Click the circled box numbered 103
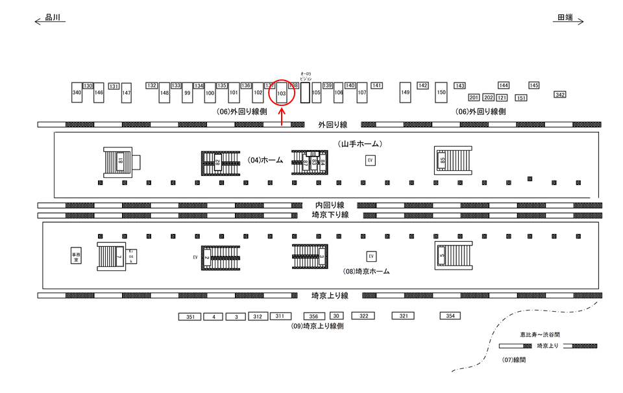[x=282, y=92]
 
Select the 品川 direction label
[x=53, y=18]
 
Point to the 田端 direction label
[x=565, y=18]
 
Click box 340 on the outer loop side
[x=77, y=93]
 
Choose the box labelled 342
[x=560, y=95]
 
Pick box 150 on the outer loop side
[x=441, y=92]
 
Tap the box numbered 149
[x=406, y=92]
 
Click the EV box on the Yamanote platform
[x=371, y=160]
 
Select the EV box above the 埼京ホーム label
[x=371, y=257]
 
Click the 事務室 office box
[x=77, y=256]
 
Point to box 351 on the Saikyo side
[x=190, y=317]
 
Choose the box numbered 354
[x=450, y=316]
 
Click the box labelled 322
[x=363, y=316]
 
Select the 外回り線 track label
[x=333, y=124]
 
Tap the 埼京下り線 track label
[x=330, y=215]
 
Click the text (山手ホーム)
[x=360, y=143]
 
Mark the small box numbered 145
[x=534, y=85]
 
